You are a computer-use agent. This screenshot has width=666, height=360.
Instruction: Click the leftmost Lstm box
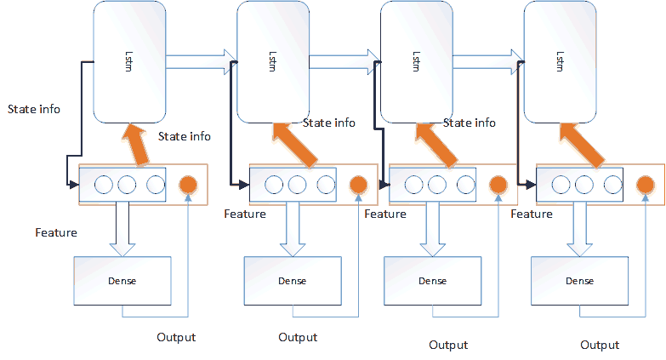(x=129, y=61)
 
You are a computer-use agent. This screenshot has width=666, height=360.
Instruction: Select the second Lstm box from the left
(x=271, y=61)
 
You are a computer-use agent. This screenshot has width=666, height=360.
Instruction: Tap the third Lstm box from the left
(x=415, y=61)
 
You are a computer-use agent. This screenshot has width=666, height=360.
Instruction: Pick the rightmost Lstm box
(x=559, y=61)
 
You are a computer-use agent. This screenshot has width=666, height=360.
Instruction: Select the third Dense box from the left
(x=432, y=280)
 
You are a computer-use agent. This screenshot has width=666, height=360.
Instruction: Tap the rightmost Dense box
(x=578, y=280)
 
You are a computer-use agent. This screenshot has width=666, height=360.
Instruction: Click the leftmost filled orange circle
(x=188, y=185)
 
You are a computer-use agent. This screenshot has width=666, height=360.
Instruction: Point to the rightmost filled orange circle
(x=646, y=185)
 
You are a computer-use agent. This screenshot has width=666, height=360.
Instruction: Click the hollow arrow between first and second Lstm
(x=201, y=58)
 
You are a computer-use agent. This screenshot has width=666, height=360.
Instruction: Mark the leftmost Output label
(x=176, y=337)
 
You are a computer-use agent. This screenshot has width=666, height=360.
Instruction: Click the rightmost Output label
(x=600, y=345)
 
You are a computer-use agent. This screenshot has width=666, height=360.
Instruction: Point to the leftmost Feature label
(x=56, y=232)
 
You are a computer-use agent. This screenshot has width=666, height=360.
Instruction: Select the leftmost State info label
(x=34, y=109)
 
